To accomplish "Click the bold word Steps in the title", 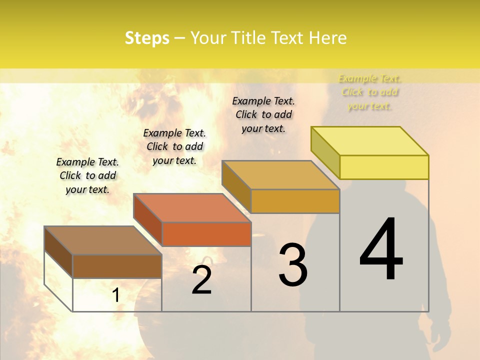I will pos(147,38).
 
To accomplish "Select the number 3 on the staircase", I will pos(293,265).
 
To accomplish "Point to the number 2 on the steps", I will pos(201,280).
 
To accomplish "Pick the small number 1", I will pos(116,295).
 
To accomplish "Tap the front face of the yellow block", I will pos(384,167).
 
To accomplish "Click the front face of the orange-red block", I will pos(206,234).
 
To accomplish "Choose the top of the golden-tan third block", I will pos(280,175).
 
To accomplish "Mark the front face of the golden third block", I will pos(295,201).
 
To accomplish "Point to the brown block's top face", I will pos(103,240).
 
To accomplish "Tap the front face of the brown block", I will pos(117,266).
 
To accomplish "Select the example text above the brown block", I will pos(87,175).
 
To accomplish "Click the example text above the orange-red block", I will pos(174,146).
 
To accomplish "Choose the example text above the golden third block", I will pos(263,114).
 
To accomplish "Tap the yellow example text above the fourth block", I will pos(370,92).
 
